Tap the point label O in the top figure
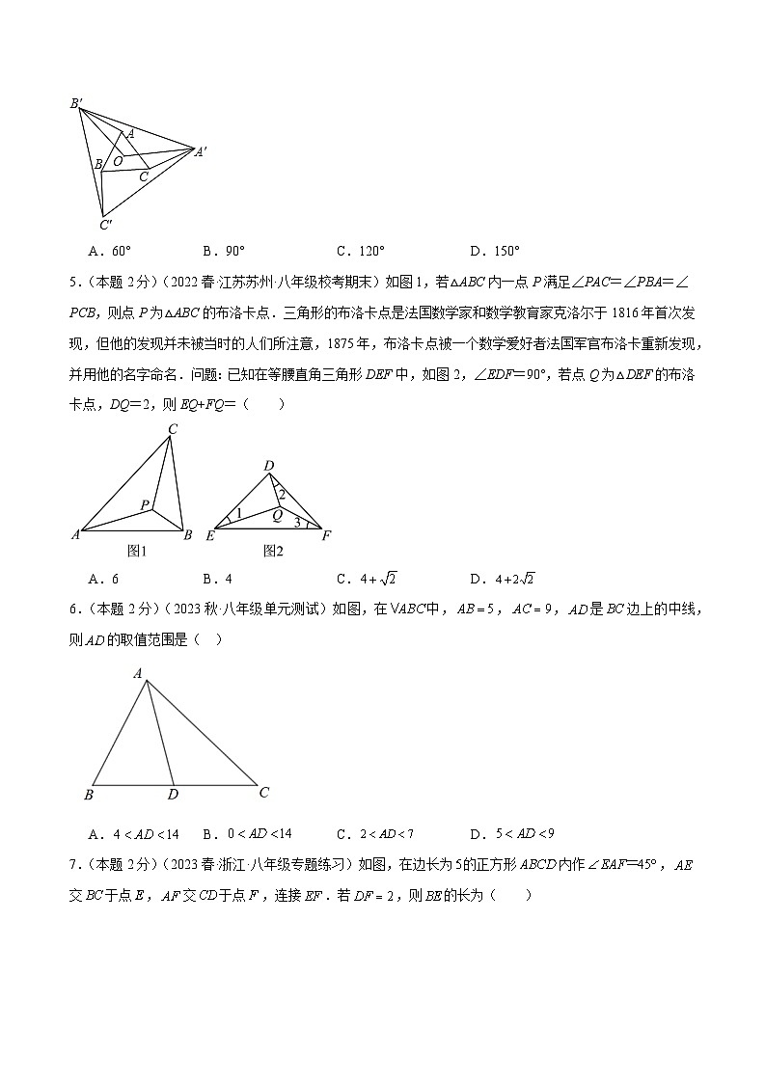[x=118, y=161]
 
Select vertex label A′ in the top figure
[x=202, y=151]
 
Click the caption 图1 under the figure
[x=136, y=551]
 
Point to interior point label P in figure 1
[x=144, y=504]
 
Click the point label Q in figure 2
[x=276, y=515]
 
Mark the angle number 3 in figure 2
[x=297, y=523]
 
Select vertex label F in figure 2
[x=326, y=535]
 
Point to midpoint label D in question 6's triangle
[x=173, y=794]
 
